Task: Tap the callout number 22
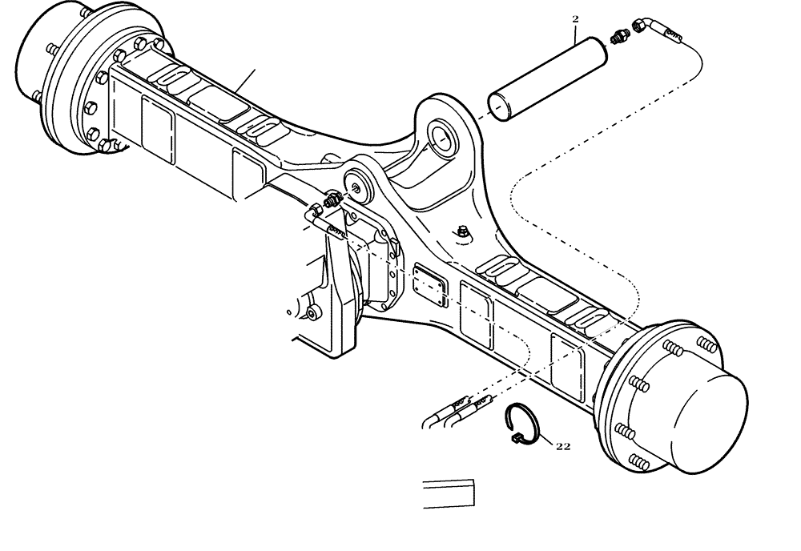562,446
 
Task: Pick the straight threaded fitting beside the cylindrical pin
618,37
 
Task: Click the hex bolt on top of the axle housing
464,232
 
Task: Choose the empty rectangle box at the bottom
449,493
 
